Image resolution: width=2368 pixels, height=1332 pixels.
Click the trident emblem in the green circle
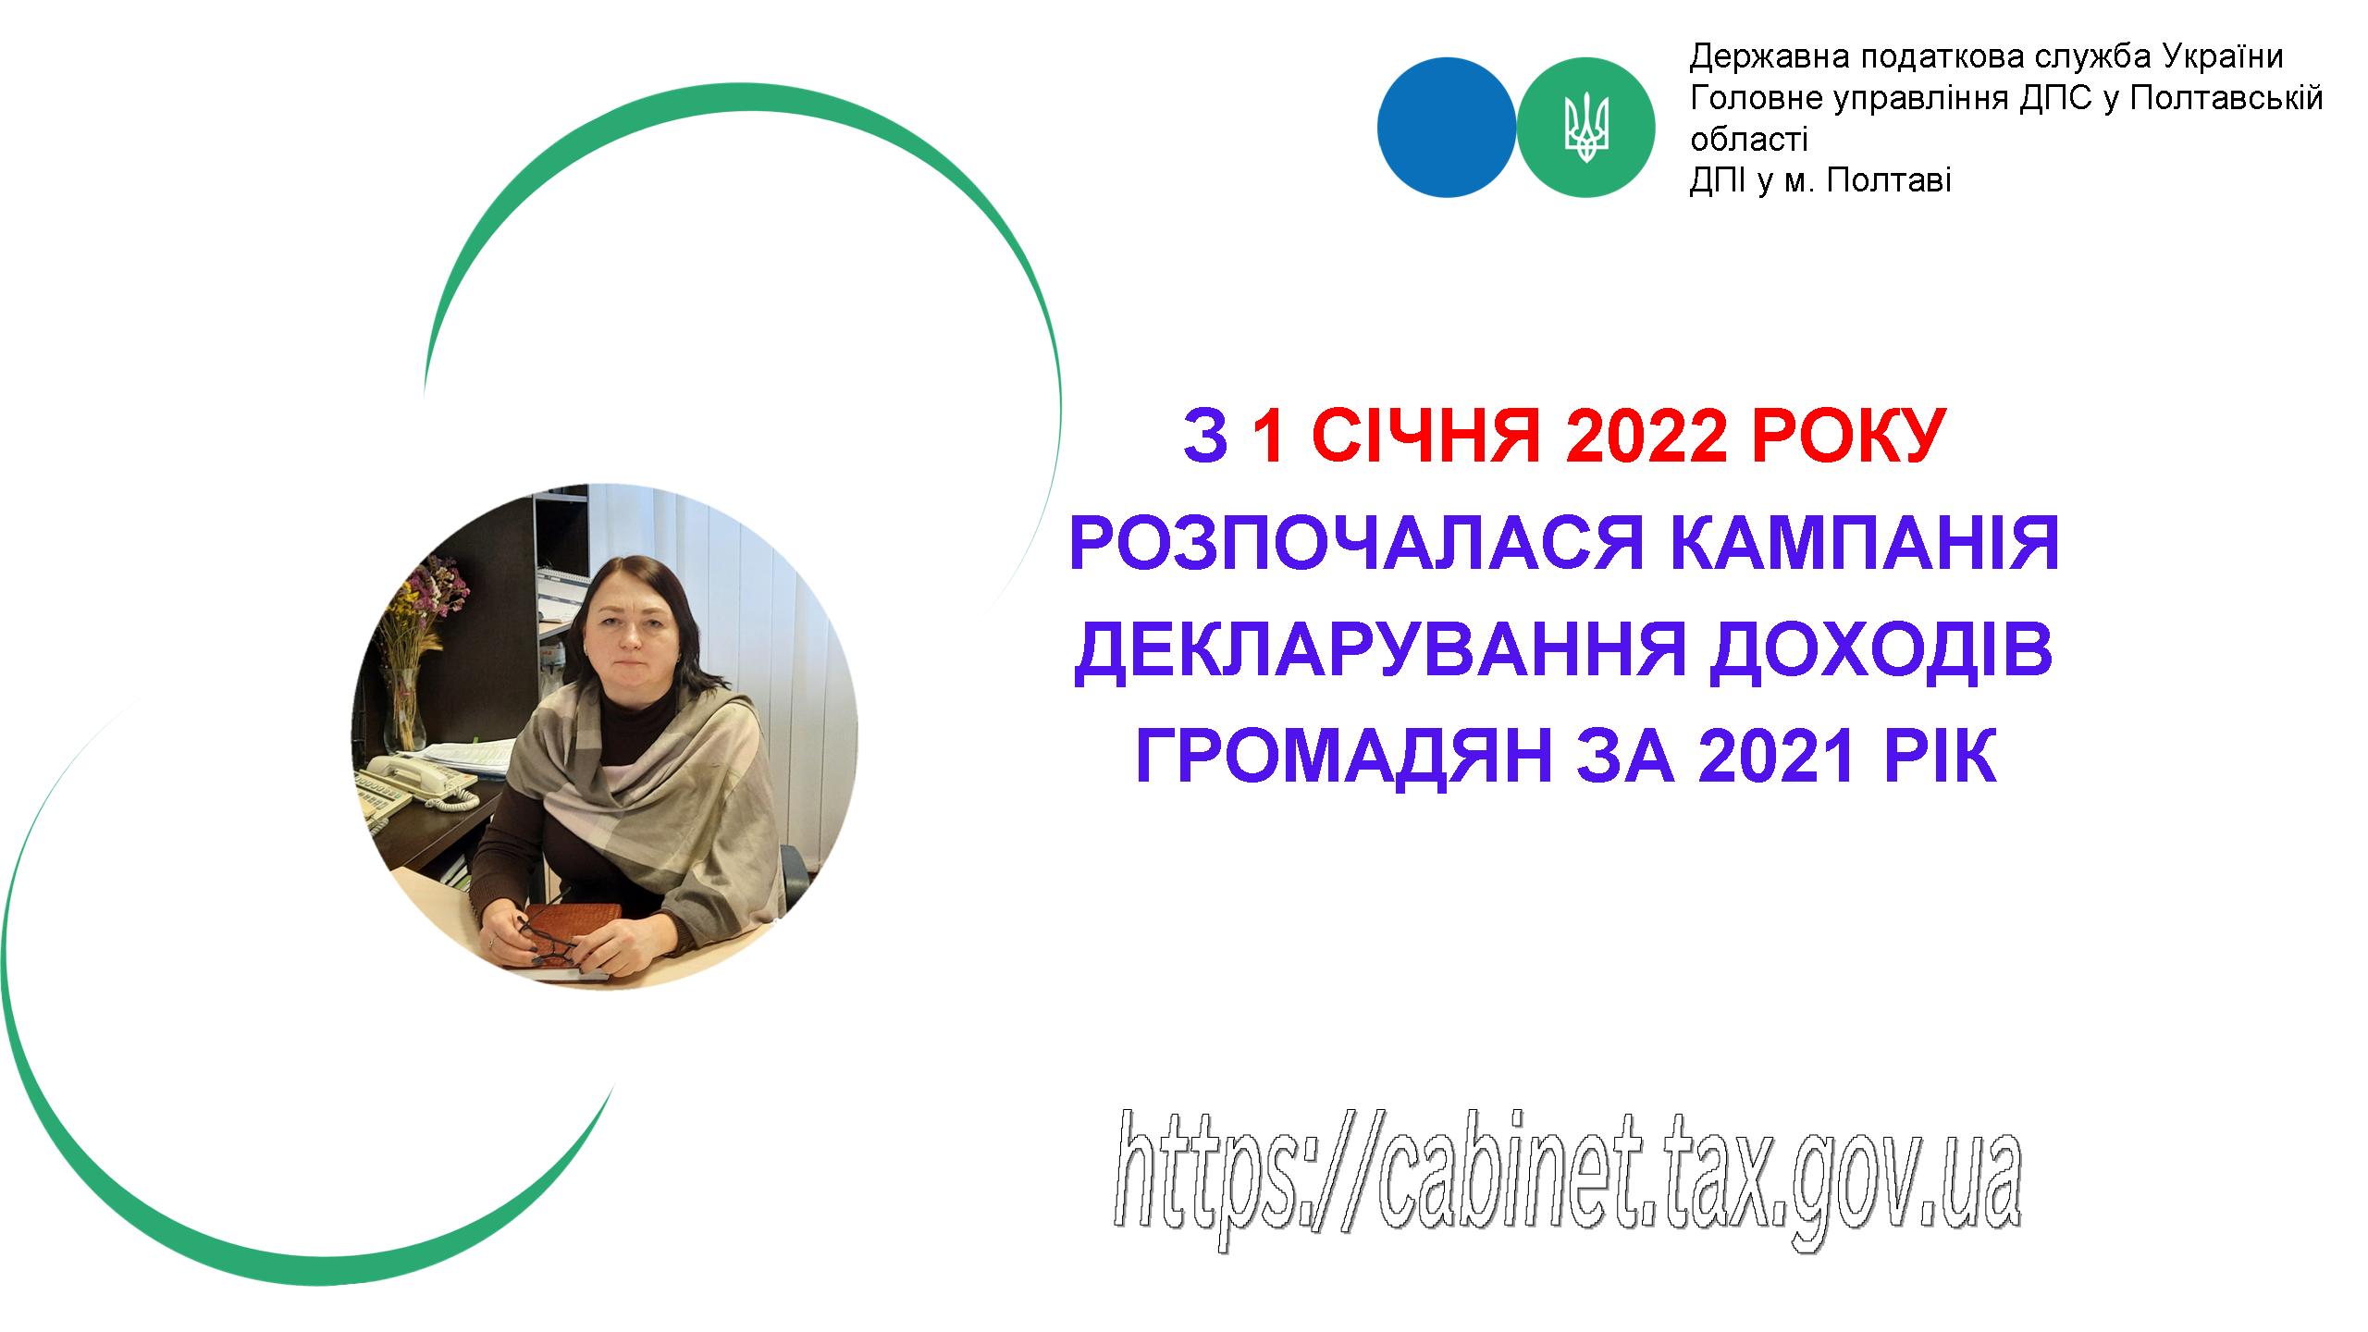(1586, 127)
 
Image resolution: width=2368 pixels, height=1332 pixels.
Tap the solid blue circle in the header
(1447, 127)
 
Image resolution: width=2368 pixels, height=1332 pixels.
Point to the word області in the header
(1748, 140)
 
